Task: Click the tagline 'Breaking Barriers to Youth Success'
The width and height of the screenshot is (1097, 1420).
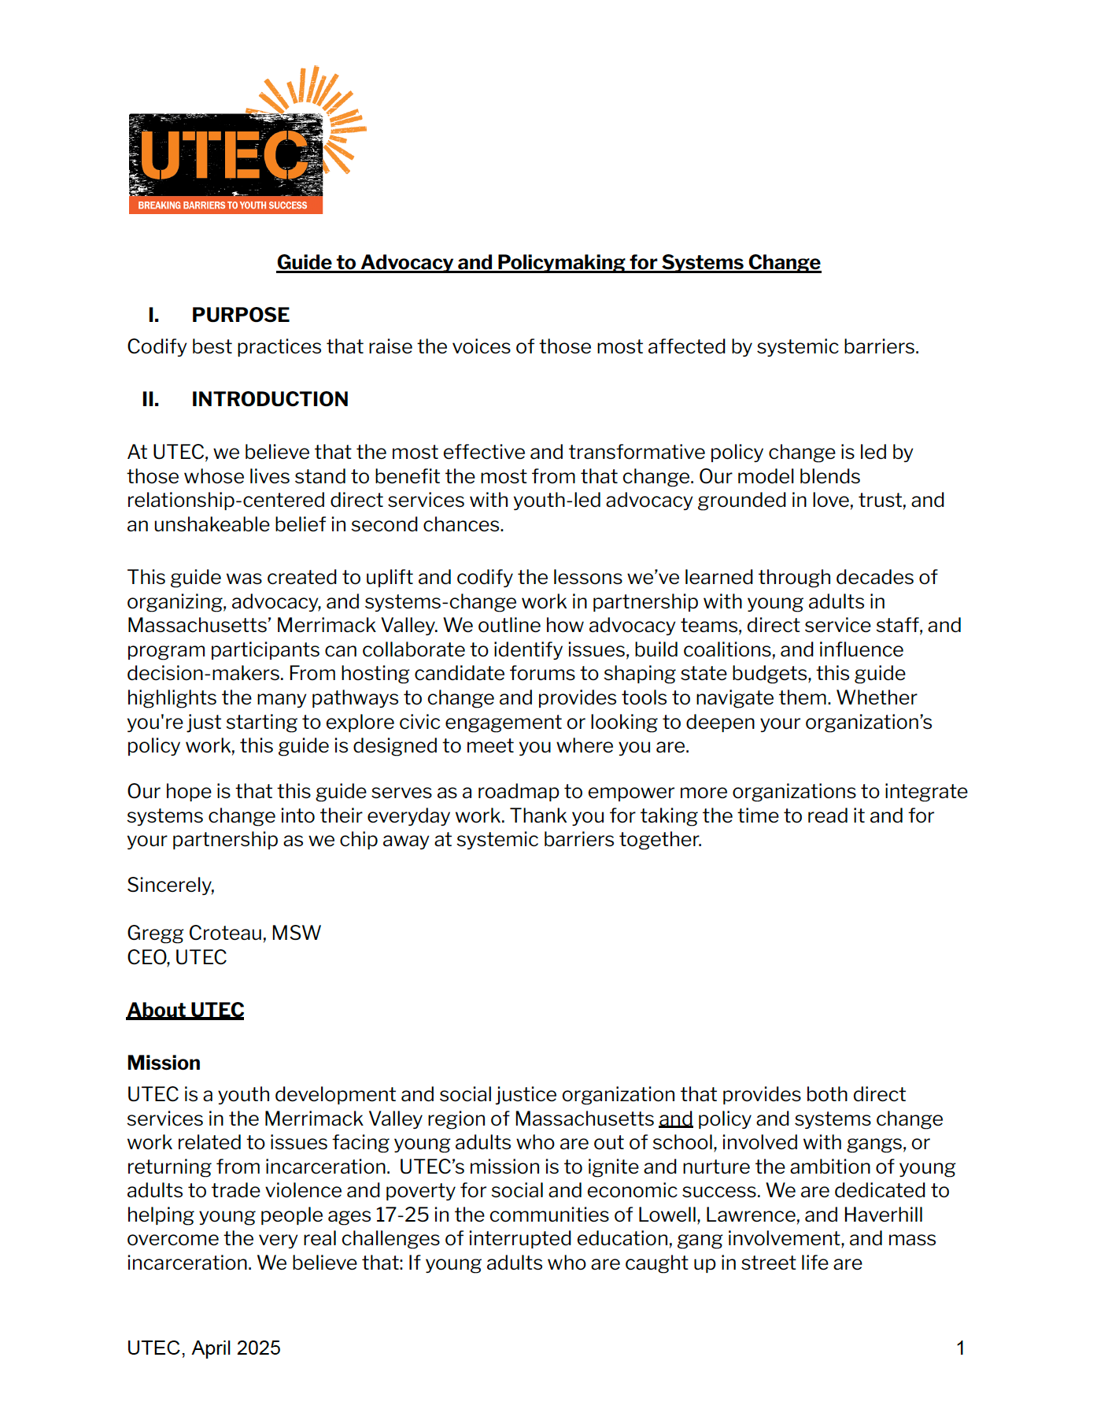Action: pyautogui.click(x=223, y=205)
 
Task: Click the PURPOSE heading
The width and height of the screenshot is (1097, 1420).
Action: pyautogui.click(x=240, y=315)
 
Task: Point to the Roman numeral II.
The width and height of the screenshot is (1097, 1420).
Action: pyautogui.click(x=150, y=399)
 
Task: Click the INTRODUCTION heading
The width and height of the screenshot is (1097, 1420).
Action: pyautogui.click(x=269, y=399)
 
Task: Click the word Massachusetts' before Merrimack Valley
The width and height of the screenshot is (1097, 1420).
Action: pyautogui.click(x=199, y=626)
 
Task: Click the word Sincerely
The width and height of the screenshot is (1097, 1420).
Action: pyautogui.click(x=170, y=886)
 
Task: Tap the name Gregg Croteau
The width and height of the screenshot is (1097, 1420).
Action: pyautogui.click(x=195, y=934)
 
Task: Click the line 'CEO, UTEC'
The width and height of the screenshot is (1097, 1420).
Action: pyautogui.click(x=177, y=958)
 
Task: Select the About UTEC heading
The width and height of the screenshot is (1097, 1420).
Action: pyautogui.click(x=186, y=1011)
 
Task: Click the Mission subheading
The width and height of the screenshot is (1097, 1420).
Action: pyautogui.click(x=164, y=1063)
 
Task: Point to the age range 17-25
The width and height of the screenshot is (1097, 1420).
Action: pyautogui.click(x=402, y=1215)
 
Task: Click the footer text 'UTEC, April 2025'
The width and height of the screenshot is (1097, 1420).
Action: pyautogui.click(x=204, y=1348)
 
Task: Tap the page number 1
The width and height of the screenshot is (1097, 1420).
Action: pyautogui.click(x=960, y=1348)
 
